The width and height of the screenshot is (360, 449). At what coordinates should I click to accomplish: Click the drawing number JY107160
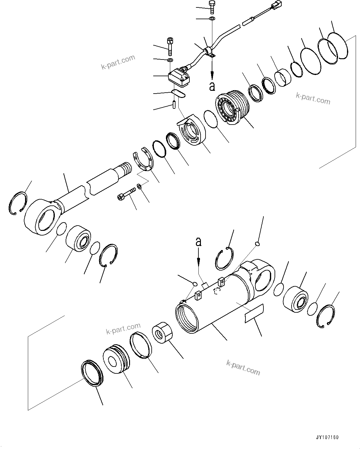pyautogui.click(x=327, y=437)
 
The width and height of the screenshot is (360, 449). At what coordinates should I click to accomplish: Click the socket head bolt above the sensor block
pyautogui.click(x=170, y=44)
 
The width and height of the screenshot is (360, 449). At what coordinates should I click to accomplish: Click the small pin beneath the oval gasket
pyautogui.click(x=174, y=104)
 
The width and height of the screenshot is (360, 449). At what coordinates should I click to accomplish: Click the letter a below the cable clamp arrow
pyautogui.click(x=212, y=86)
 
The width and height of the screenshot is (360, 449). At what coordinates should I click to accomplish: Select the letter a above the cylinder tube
pyautogui.click(x=198, y=241)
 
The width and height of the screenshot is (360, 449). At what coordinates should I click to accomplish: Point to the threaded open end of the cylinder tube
pyautogui.click(x=186, y=317)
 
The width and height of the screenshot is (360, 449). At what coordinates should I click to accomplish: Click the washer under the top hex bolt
pyautogui.click(x=212, y=19)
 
